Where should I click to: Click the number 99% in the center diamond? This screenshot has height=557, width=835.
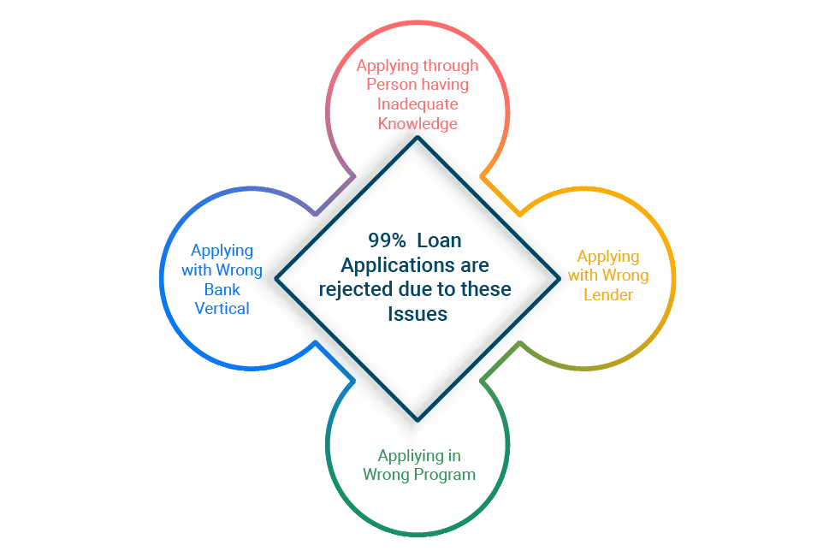[387, 240]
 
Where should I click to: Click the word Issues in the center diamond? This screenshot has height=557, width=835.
[417, 314]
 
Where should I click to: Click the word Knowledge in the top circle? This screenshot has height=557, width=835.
[417, 123]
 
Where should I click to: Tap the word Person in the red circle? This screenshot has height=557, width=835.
[390, 84]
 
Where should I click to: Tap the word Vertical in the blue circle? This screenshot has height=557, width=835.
[222, 308]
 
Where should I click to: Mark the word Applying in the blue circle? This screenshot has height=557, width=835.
[222, 251]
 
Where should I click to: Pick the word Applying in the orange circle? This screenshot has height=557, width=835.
[608, 256]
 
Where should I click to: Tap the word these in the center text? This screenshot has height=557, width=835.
[487, 289]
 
